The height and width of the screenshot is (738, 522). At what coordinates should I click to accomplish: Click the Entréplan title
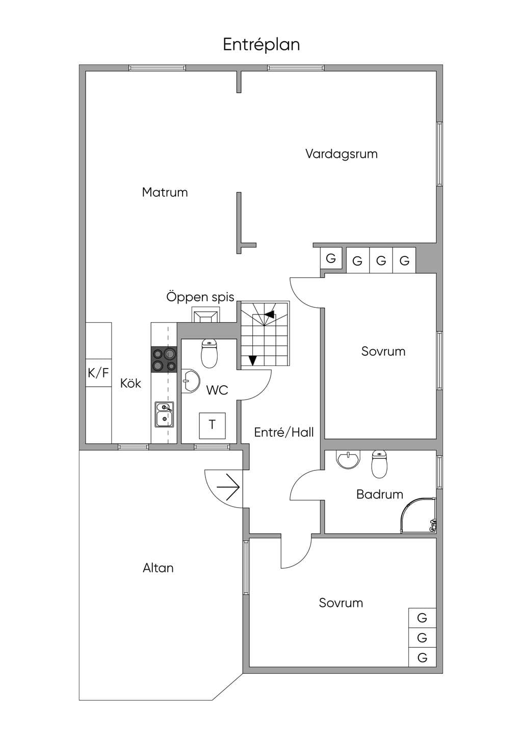262,45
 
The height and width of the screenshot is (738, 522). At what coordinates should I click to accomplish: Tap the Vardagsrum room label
342,154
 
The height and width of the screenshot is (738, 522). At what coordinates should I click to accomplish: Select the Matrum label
165,192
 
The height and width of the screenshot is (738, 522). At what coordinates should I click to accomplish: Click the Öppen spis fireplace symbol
206,314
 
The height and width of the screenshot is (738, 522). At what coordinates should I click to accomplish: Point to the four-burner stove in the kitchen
164,359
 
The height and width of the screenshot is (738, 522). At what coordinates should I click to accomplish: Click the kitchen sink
165,414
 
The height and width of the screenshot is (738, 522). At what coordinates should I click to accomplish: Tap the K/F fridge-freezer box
98,373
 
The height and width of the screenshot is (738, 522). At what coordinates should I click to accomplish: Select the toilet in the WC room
210,354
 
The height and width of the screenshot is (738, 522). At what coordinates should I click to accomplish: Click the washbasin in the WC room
191,381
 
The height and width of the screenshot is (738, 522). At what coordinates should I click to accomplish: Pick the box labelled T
212,426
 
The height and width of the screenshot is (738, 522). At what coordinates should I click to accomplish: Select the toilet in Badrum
379,464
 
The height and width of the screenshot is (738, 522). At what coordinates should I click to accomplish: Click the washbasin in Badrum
348,459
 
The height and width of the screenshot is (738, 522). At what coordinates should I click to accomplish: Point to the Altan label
158,568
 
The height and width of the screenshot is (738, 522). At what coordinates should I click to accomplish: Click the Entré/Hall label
284,432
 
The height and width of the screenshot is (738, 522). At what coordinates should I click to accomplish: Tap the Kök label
130,383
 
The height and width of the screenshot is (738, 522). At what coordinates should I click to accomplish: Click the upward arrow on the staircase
269,314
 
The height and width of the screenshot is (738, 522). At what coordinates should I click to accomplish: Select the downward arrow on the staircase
252,360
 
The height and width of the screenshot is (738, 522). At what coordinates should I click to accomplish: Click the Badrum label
380,494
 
